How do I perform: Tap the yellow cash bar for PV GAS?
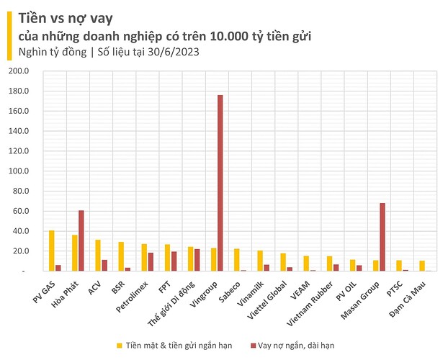[x=51, y=251]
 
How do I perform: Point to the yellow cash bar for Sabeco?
[x=236, y=260]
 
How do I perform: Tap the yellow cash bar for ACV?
[x=97, y=255]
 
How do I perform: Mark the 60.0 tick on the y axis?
[x=19, y=211]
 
